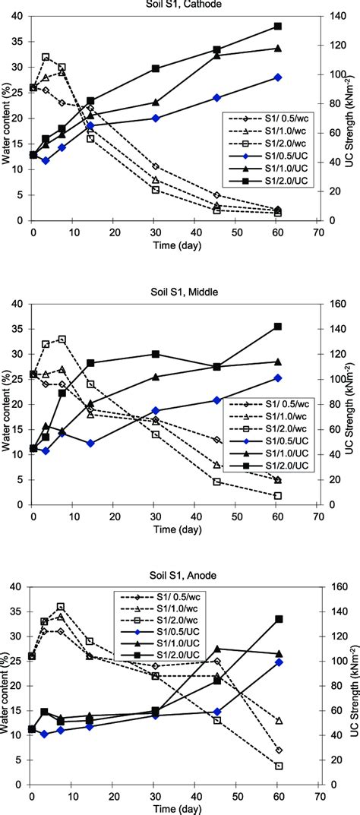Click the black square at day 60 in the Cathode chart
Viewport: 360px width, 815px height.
pos(277,26)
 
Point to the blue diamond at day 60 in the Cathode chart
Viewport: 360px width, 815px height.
pos(277,77)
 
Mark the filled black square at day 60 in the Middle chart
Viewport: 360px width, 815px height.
pos(277,327)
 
